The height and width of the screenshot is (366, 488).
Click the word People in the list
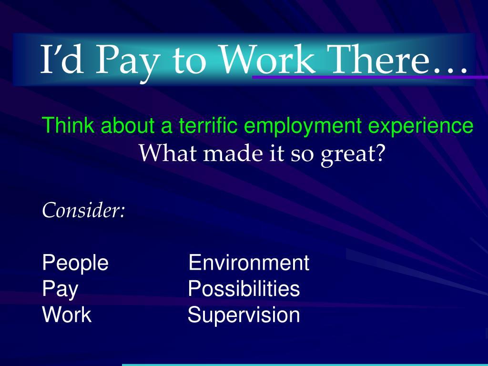pos(75,263)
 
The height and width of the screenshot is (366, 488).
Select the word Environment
pos(249,263)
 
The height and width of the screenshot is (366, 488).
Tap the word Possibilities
pos(244,289)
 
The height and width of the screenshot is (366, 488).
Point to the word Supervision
pos(244,315)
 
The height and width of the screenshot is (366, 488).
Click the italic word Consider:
pos(83,210)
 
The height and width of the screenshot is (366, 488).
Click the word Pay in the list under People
pos(61,290)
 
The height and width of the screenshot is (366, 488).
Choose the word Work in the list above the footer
pos(67,315)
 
